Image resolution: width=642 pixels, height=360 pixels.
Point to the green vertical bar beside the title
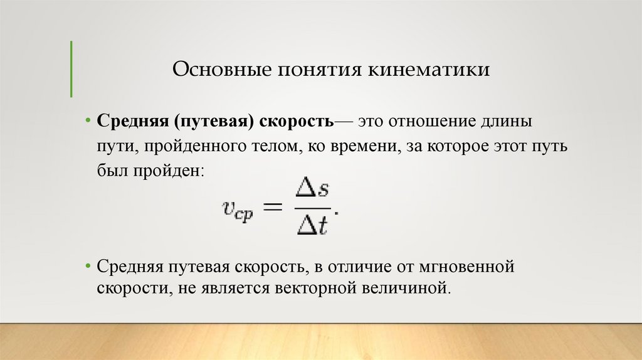(71, 69)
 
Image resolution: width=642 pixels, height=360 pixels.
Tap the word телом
(273, 146)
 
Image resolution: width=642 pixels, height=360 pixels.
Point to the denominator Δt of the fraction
(312, 224)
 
